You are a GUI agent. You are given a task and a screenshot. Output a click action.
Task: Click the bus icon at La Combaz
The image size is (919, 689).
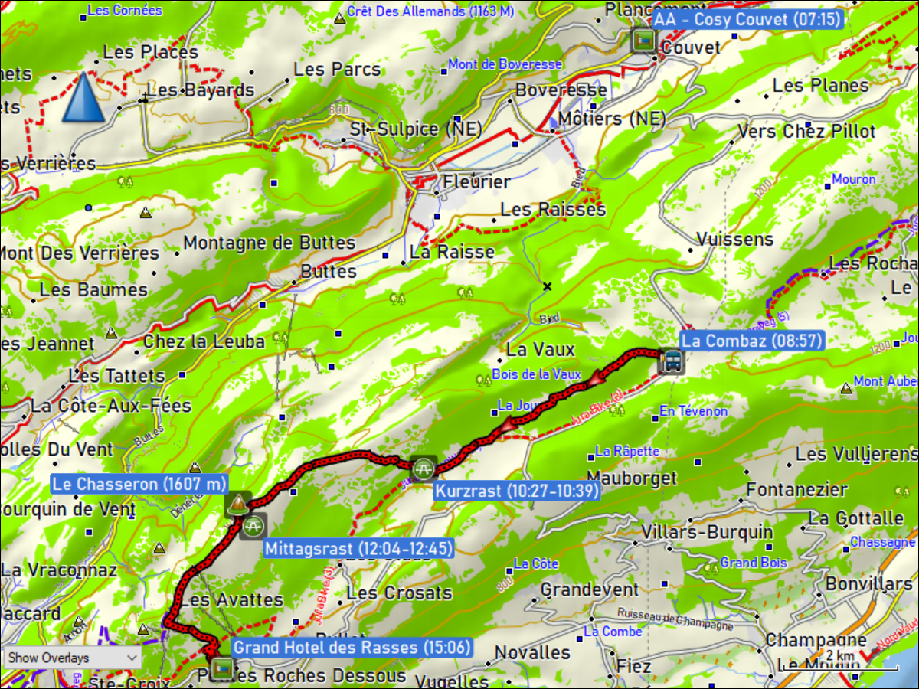(x=672, y=361)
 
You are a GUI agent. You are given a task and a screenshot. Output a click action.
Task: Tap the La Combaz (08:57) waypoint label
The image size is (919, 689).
(x=751, y=341)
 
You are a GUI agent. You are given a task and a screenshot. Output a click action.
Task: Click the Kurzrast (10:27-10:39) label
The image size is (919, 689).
(x=517, y=491)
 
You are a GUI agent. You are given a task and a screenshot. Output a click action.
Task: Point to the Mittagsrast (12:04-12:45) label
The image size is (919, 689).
(x=358, y=548)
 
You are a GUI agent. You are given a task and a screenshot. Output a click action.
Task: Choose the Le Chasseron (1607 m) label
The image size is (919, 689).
(x=140, y=484)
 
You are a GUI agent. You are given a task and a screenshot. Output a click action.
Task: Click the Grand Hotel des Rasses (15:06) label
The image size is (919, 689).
(x=351, y=648)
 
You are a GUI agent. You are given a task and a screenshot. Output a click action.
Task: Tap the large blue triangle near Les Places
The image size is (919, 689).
(x=83, y=97)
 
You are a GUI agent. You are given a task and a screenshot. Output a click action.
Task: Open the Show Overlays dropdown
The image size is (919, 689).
(x=72, y=658)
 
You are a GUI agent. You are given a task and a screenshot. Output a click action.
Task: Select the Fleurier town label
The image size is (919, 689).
(x=476, y=182)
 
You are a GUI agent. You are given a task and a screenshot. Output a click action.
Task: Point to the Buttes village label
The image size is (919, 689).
(x=329, y=272)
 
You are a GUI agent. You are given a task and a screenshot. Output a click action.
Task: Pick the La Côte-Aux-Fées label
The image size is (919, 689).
(x=111, y=406)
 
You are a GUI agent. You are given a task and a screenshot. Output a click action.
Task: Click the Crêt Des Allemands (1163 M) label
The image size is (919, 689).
(x=430, y=11)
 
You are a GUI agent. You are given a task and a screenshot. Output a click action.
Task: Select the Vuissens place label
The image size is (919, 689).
(x=735, y=240)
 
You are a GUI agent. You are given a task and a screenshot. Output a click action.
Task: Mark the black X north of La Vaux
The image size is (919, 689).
(x=547, y=287)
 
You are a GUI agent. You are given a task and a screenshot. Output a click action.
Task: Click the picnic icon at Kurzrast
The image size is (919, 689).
(x=423, y=467)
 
